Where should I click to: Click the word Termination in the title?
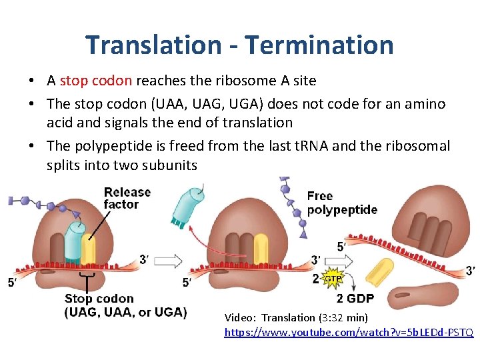(319, 45)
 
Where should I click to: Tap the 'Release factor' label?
(127, 198)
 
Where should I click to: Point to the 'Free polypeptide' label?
(342, 203)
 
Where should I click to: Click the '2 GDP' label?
(355, 298)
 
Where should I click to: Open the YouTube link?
(349, 331)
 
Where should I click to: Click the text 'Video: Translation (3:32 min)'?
(296, 317)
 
